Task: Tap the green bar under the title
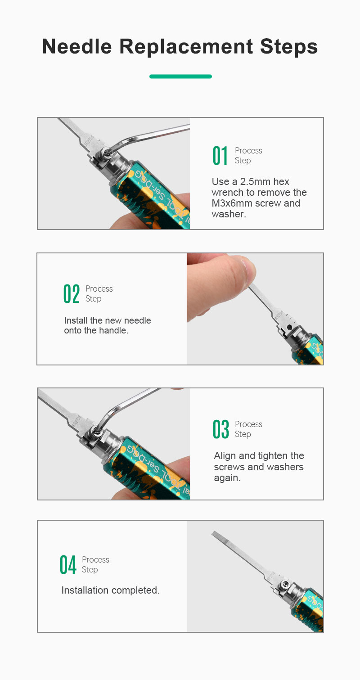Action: tap(180, 77)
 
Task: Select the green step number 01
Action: tap(220, 156)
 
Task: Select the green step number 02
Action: tap(72, 294)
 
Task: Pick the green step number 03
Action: tap(220, 429)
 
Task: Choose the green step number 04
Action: tap(67, 565)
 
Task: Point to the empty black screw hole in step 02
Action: tap(289, 327)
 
